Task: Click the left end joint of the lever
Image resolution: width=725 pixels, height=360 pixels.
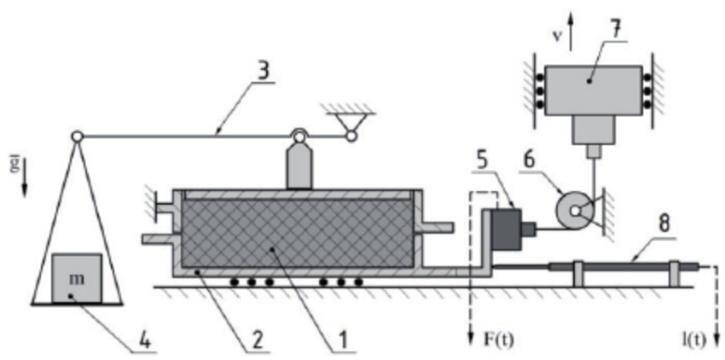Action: coord(77,135)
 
